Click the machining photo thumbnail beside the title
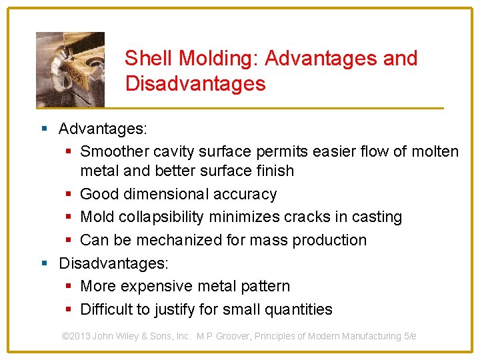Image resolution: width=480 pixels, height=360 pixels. pos(70,69)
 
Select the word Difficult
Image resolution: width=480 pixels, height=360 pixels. pos(107,309)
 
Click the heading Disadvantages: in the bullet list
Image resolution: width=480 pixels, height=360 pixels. pos(114,263)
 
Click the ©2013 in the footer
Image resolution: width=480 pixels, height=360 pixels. pos(76,336)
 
